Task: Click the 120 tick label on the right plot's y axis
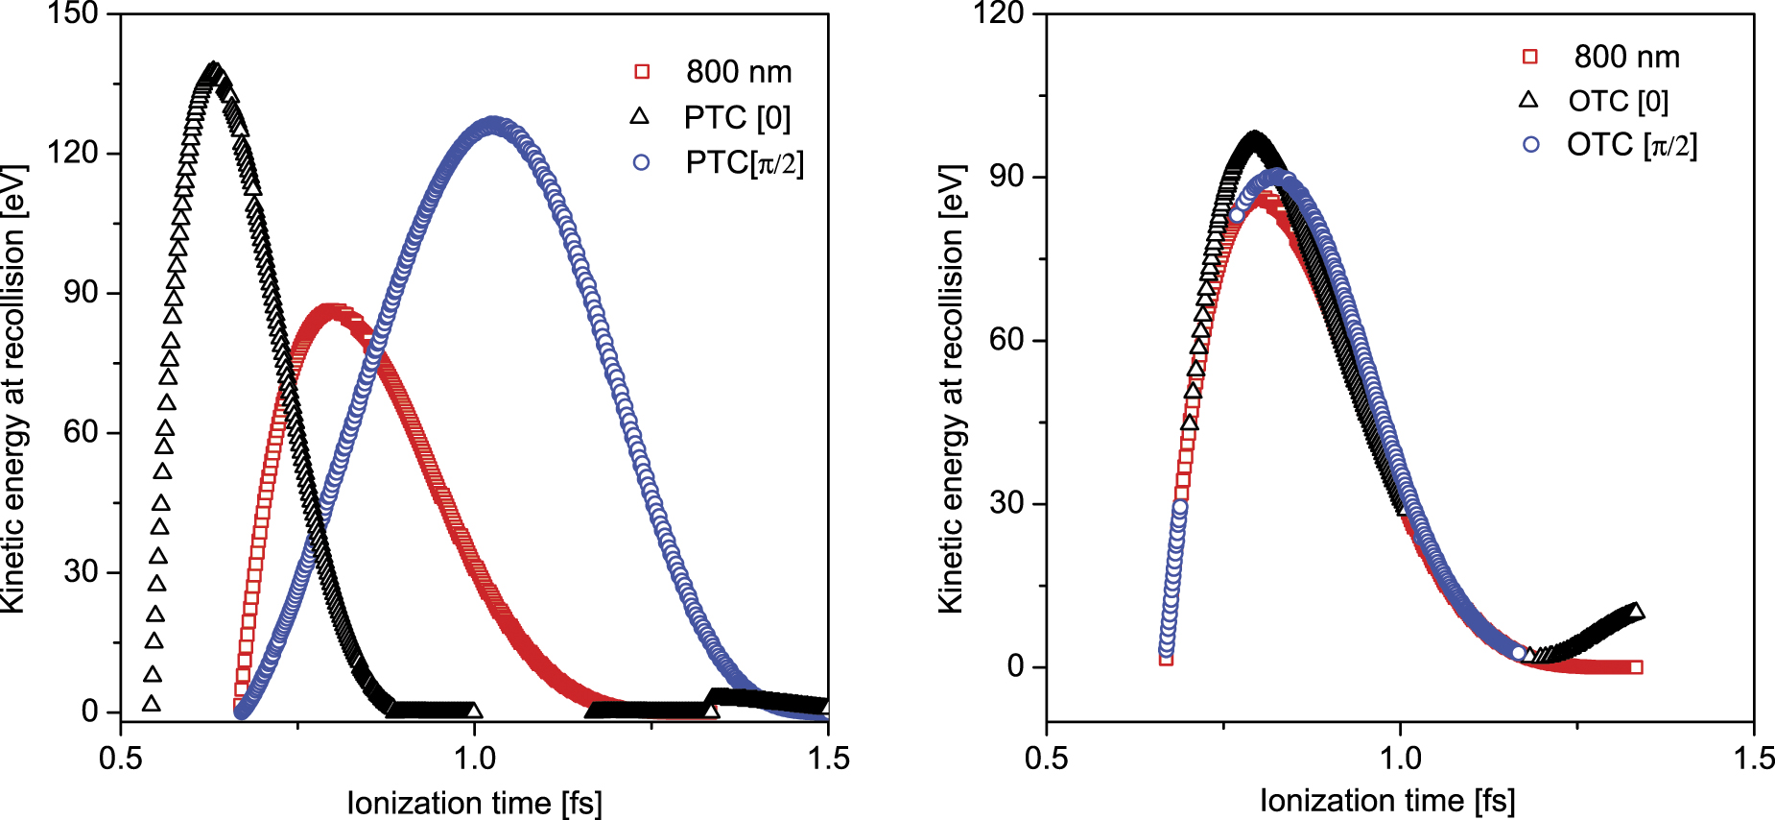click(998, 13)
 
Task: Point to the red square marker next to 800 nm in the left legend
click(642, 72)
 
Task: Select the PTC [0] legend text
click(737, 117)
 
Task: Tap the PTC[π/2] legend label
click(745, 162)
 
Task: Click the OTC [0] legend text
click(1618, 101)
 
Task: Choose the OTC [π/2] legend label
click(1631, 145)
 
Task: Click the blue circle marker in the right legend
click(1530, 145)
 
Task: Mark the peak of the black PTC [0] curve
click(214, 71)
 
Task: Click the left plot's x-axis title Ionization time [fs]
click(474, 803)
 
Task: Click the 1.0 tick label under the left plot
click(474, 758)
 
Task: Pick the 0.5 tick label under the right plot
click(1046, 758)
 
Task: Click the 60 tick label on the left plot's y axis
click(81, 432)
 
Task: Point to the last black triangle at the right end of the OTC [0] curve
click(1636, 611)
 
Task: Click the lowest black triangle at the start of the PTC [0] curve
click(151, 704)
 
